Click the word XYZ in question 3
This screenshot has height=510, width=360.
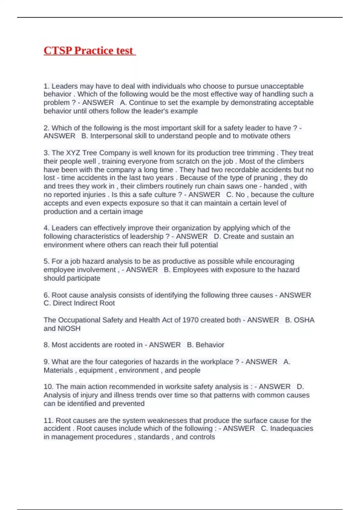click(73, 153)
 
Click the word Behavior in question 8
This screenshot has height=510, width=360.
click(210, 345)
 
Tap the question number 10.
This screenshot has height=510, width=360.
click(48, 386)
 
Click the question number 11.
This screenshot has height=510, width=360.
click(48, 420)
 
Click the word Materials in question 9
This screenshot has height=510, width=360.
click(58, 370)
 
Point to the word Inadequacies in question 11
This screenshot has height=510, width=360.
click(292, 428)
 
